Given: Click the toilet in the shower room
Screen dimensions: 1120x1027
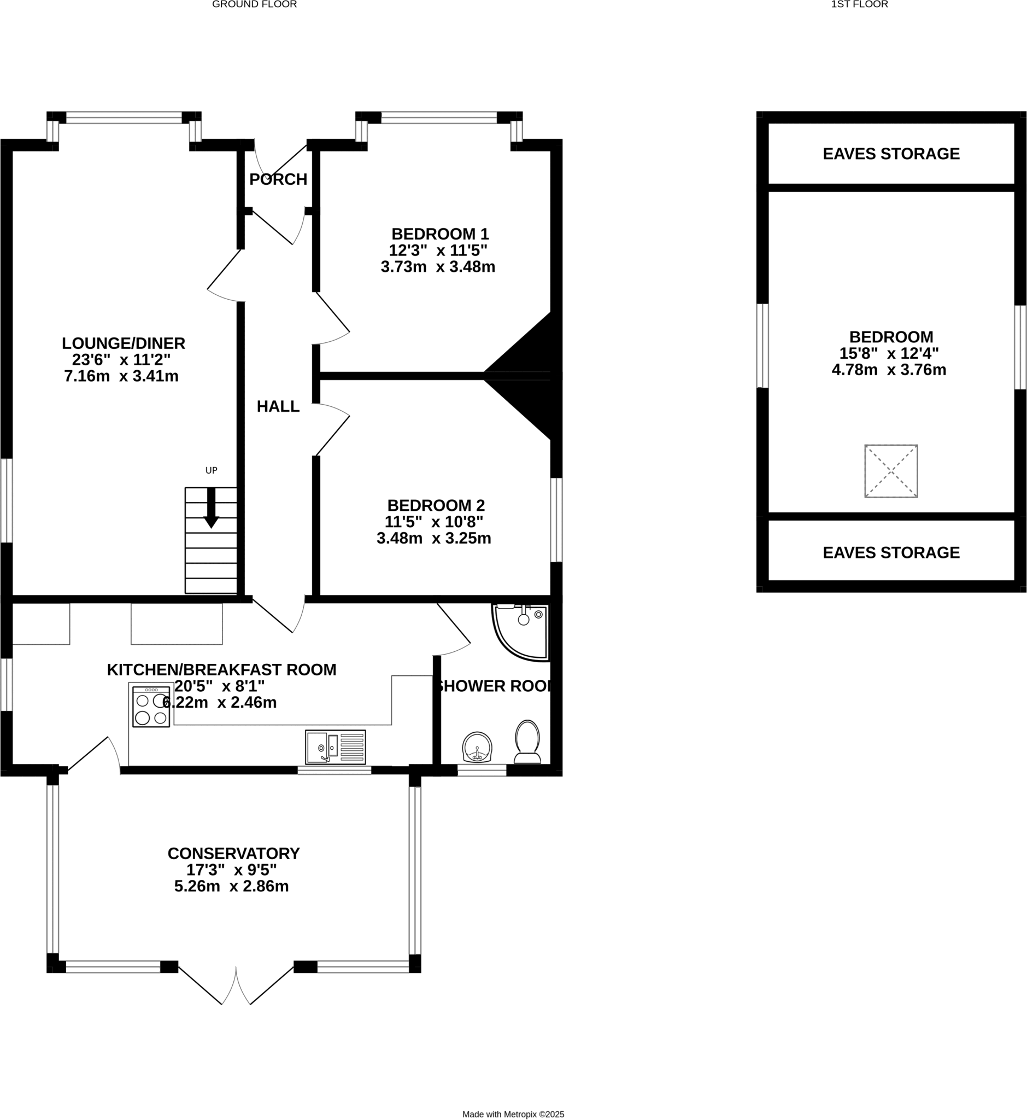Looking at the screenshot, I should point(527,742).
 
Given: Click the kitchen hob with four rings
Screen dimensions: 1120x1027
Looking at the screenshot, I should point(151,707).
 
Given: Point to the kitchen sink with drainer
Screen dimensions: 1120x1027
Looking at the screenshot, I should point(336,747).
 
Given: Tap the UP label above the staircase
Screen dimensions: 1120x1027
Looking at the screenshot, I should point(211,470).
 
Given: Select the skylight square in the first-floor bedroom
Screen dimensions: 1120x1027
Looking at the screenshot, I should point(891,471).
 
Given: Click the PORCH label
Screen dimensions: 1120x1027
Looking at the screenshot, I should point(278,179).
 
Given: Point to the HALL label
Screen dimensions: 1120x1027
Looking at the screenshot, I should point(278,406).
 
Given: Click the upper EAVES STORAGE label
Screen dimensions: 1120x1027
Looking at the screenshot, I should point(891,154).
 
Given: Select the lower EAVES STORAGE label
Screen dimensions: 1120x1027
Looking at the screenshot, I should point(891,553).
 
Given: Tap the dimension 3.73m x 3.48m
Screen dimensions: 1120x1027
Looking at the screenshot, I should point(438,267).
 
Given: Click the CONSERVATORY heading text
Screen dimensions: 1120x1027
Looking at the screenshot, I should point(233,854).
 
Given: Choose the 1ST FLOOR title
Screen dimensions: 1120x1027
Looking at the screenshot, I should point(859,4).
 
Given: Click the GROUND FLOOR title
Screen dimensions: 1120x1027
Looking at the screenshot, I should point(255,4).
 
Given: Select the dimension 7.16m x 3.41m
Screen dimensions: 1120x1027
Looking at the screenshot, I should point(121,376).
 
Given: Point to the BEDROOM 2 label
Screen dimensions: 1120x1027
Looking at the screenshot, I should point(436,505).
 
